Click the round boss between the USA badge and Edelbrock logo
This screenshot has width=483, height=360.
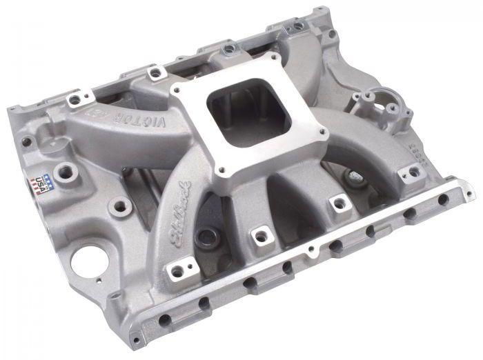[119, 205]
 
